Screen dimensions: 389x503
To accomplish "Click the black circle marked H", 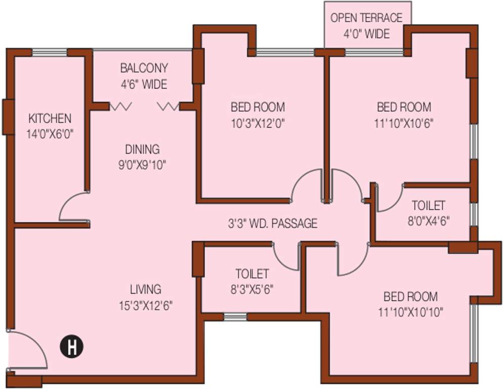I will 72,347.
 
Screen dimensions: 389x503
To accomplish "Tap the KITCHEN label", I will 50,119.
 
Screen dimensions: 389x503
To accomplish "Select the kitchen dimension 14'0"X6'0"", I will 50,134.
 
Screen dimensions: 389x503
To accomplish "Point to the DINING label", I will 142,149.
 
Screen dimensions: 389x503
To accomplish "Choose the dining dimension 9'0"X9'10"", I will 142,165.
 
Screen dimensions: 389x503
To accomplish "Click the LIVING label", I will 145,289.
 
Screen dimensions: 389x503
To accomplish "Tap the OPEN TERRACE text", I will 366,18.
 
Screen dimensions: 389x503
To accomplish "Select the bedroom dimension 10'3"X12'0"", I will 258,123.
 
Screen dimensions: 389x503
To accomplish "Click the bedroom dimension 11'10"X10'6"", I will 404,123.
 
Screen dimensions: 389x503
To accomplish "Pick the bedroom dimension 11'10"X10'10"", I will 410,312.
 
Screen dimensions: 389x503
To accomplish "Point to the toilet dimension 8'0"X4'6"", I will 428,221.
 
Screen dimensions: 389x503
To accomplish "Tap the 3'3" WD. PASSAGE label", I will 272,223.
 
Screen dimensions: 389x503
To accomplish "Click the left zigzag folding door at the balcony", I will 121,106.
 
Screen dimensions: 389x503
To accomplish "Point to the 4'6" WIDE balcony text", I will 144,84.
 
